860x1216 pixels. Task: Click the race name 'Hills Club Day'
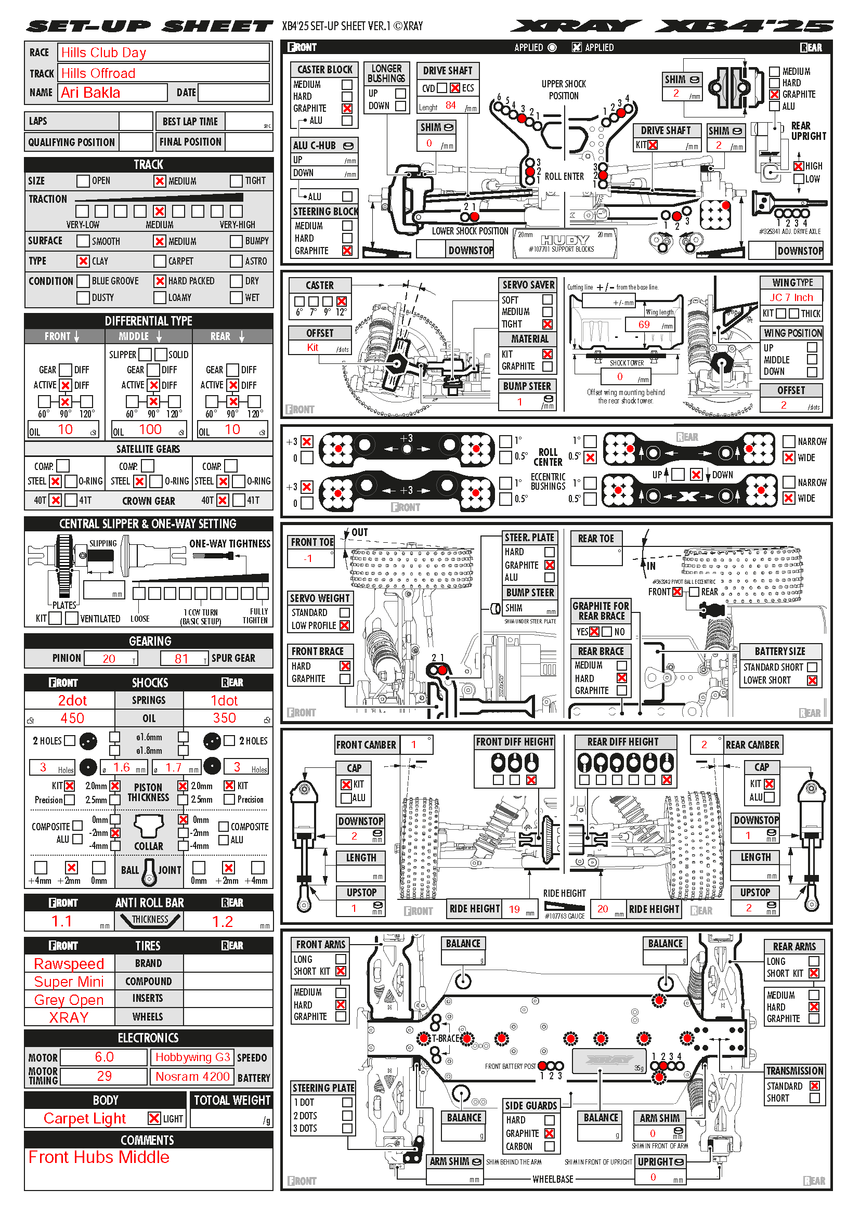(x=104, y=53)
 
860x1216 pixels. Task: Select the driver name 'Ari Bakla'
(x=90, y=93)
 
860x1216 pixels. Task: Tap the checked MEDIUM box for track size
(x=160, y=181)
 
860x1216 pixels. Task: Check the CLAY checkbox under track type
(x=83, y=261)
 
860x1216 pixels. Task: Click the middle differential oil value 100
(x=150, y=429)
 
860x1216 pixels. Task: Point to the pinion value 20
(x=109, y=658)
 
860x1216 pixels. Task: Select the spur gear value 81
(x=181, y=658)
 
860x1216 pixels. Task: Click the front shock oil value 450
(x=72, y=718)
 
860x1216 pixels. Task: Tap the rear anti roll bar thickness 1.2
(x=223, y=922)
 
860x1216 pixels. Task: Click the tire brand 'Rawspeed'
(x=69, y=964)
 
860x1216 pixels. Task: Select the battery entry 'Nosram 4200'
(x=193, y=1077)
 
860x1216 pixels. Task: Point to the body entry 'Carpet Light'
(x=85, y=1119)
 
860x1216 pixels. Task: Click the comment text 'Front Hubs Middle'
(x=99, y=1158)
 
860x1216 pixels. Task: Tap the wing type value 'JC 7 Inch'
(x=791, y=298)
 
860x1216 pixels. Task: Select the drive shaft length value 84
(x=451, y=106)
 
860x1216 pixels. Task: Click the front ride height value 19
(x=514, y=909)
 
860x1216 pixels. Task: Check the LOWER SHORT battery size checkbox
(x=812, y=681)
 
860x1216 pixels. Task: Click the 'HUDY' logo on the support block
(x=565, y=240)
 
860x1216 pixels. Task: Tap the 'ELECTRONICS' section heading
(x=148, y=1038)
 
